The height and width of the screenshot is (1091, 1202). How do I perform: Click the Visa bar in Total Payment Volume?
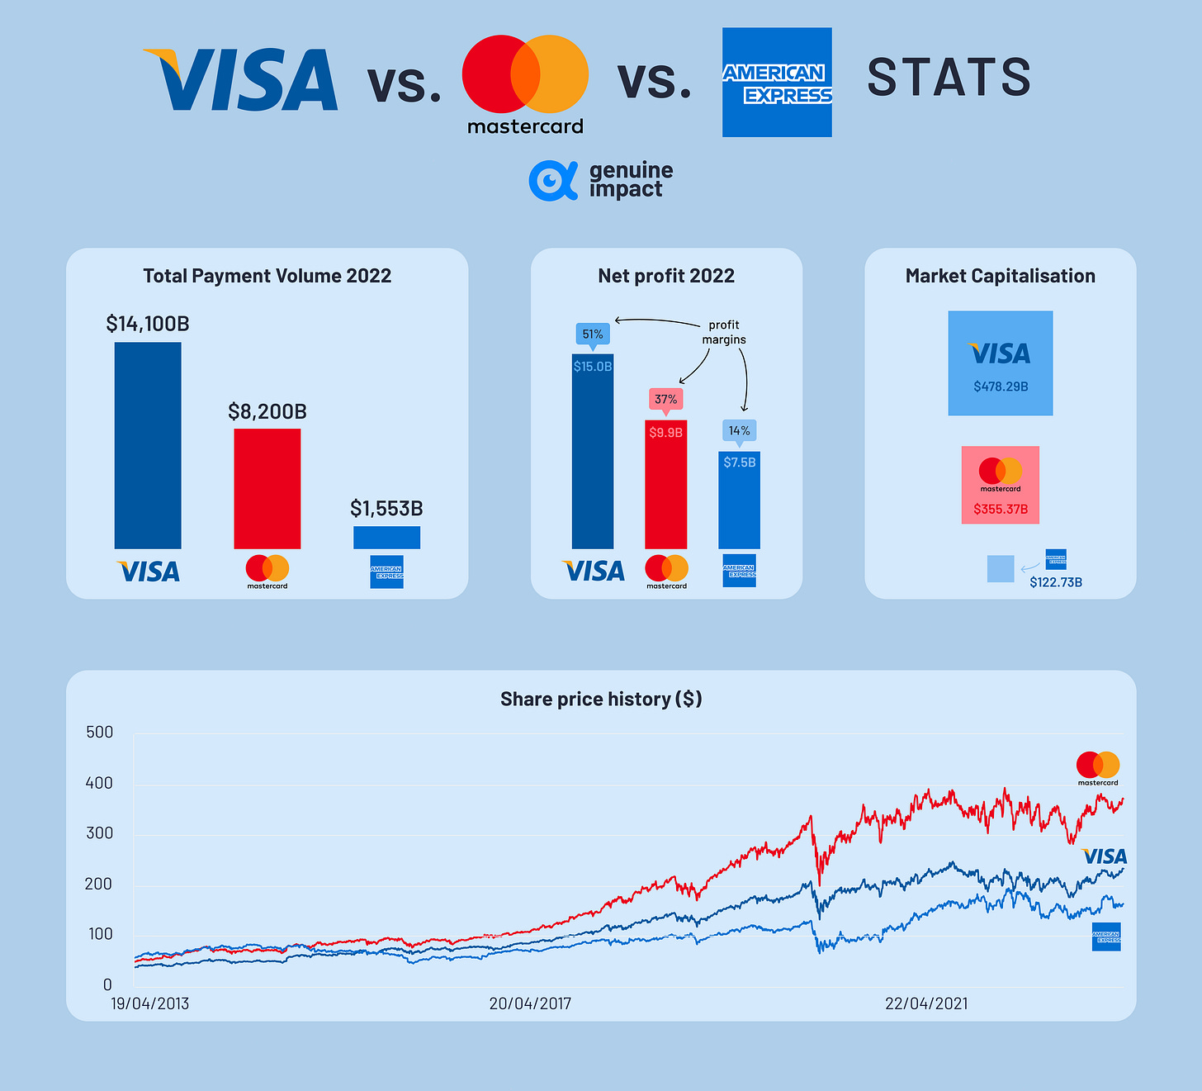click(148, 445)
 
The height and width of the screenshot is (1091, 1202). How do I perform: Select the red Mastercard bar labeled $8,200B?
click(267, 488)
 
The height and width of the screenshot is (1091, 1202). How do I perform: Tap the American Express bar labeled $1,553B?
click(386, 538)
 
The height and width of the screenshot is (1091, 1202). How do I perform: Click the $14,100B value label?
click(148, 324)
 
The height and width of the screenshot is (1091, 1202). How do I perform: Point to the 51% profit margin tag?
click(592, 334)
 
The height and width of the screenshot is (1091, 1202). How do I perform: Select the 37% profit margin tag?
click(665, 399)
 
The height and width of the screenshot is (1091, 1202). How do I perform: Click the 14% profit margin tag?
click(739, 430)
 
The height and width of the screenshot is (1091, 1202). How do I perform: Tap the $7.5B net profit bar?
click(739, 500)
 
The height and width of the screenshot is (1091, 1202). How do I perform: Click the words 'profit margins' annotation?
click(724, 332)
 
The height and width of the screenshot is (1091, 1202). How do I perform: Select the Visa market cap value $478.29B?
click(1001, 387)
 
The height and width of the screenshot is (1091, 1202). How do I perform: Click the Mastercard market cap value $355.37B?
click(1001, 509)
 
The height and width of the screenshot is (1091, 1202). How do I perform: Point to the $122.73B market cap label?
click(1056, 582)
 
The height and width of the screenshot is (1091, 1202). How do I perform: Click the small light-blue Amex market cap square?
click(1001, 569)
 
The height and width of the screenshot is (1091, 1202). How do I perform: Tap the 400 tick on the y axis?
click(99, 783)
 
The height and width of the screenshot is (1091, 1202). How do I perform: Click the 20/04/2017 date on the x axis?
click(530, 1003)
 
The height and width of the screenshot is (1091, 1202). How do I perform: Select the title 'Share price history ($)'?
click(601, 699)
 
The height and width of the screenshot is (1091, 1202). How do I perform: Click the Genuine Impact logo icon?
click(552, 181)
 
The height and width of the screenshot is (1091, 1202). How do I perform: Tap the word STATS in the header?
click(949, 78)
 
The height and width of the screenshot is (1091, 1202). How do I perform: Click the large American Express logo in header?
click(777, 83)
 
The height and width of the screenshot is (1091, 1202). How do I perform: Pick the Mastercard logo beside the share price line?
click(1098, 768)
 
